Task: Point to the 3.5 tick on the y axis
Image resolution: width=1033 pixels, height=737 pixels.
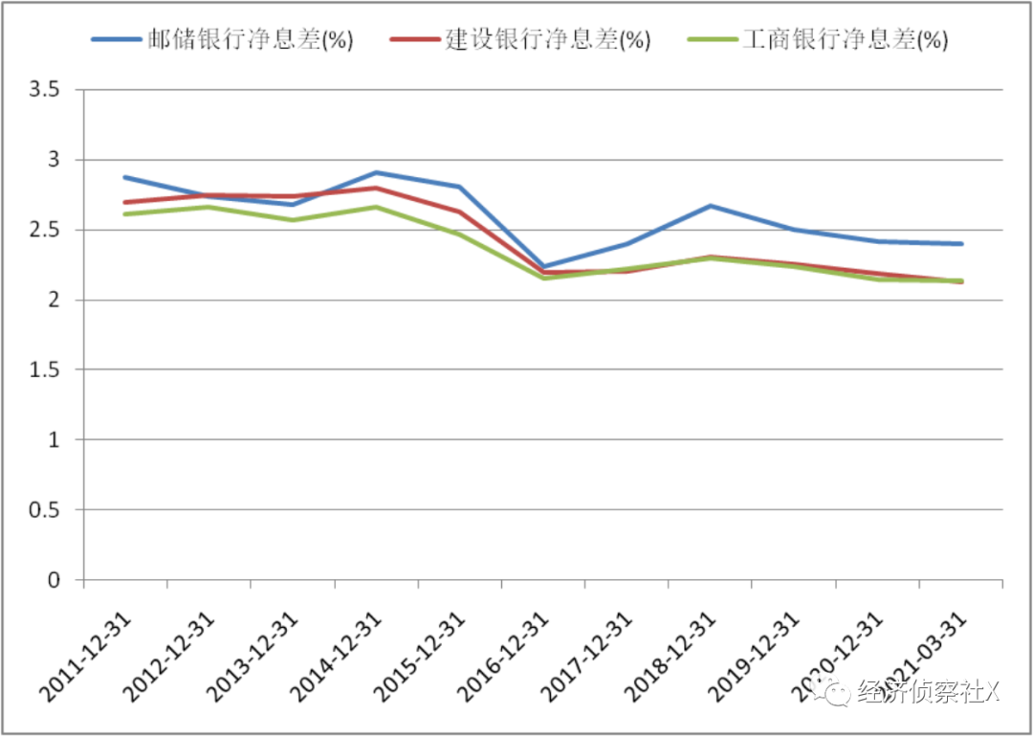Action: point(45,90)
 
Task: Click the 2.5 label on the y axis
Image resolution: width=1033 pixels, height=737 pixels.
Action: point(45,230)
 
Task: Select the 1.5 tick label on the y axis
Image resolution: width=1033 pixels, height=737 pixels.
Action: point(45,369)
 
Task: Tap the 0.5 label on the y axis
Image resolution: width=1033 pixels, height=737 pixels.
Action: point(45,510)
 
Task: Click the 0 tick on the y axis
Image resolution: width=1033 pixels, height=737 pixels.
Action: point(55,580)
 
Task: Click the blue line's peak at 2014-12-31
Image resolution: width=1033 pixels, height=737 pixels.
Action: point(377,172)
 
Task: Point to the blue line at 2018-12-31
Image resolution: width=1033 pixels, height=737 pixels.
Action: point(711,206)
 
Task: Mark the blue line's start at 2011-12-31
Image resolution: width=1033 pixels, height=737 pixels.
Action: point(125,177)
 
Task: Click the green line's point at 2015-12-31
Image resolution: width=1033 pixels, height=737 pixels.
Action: point(460,234)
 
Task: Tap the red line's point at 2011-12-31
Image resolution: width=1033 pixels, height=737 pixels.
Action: point(125,202)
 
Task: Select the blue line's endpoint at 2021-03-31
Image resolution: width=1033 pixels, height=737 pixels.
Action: point(961,244)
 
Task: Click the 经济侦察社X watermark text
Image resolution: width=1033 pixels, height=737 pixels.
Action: point(928,692)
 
